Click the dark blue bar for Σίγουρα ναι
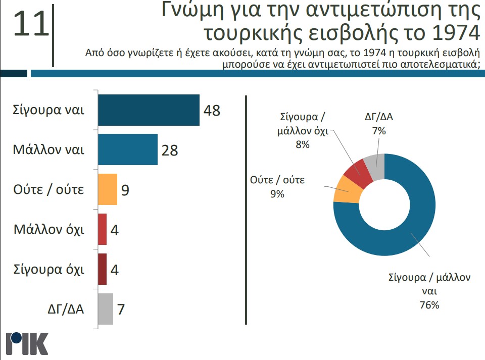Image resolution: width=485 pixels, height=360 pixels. tap(149, 110)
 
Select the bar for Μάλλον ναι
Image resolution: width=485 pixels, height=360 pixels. tap(127, 149)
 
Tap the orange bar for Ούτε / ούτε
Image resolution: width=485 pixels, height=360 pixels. tap(107, 189)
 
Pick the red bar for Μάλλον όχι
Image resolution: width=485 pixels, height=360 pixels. tap(102, 229)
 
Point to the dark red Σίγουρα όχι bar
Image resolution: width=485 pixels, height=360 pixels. tap(102, 269)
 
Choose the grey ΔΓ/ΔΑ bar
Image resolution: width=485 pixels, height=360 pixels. tap(105, 308)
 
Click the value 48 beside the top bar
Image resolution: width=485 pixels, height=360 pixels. tap(212, 111)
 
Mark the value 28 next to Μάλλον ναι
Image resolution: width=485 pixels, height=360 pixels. tap(170, 150)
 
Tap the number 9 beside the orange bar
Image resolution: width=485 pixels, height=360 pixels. tap(125, 190)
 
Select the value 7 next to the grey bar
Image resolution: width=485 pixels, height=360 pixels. tap(121, 309)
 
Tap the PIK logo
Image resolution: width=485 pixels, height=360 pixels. tap(27, 344)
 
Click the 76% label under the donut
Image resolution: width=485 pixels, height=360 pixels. tap(429, 304)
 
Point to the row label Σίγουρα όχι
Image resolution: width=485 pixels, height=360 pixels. tap(48, 269)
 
